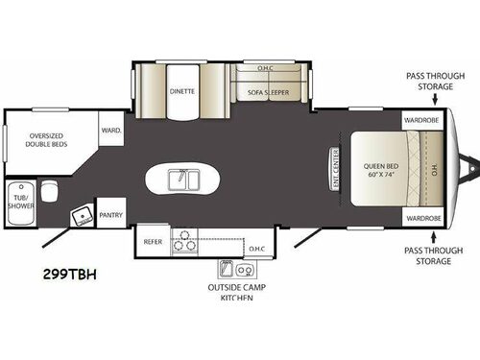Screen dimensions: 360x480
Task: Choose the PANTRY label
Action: [112, 215]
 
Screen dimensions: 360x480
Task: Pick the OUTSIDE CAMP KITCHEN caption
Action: [230, 291]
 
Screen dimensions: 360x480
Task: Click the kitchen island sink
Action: [181, 180]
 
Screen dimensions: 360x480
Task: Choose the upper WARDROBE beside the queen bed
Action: [422, 122]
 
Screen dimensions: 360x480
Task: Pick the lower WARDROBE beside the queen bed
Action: [422, 218]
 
